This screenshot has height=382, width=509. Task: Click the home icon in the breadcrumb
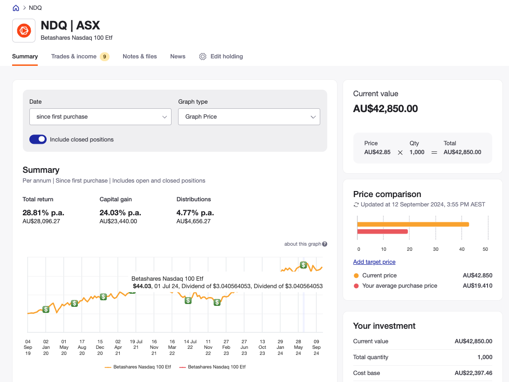16,8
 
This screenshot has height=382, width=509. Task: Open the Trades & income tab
74,57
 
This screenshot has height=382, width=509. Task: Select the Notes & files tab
140,57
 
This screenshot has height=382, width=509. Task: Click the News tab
178,57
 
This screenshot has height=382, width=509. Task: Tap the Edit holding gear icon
203,57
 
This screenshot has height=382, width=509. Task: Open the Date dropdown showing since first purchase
100,117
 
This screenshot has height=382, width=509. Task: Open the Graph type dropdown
249,117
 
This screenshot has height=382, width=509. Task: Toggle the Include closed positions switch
38,139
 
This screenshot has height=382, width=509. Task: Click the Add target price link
374,262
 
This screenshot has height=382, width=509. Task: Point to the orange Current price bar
413,224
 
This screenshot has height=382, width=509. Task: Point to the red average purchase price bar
382,232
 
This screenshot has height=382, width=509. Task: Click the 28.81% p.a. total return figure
43,212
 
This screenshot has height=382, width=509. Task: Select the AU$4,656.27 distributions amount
193,221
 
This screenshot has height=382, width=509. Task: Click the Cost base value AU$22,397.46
473,373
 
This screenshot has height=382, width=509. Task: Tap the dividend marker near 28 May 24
303,265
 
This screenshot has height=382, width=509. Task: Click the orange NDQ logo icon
24,31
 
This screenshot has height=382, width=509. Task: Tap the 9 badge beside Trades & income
104,57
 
